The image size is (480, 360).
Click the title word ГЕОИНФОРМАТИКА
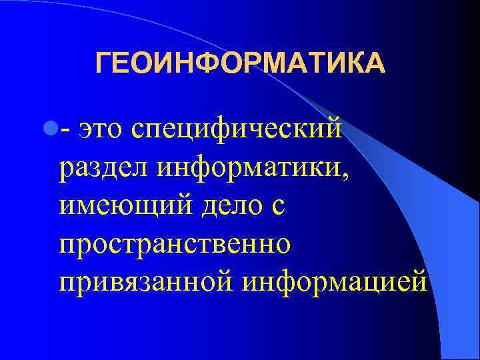tap(240, 65)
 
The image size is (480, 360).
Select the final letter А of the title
tap(375, 65)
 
